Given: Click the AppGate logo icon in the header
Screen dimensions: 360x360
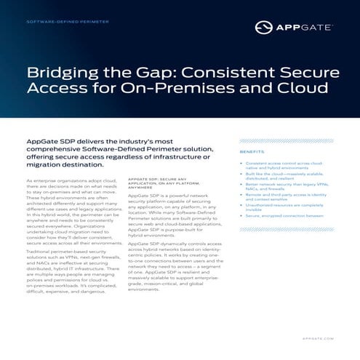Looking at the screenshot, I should (263, 28).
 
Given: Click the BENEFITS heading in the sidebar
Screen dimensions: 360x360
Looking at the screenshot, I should (252, 152).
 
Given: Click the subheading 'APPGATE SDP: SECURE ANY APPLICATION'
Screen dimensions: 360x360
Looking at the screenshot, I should (156, 183).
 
